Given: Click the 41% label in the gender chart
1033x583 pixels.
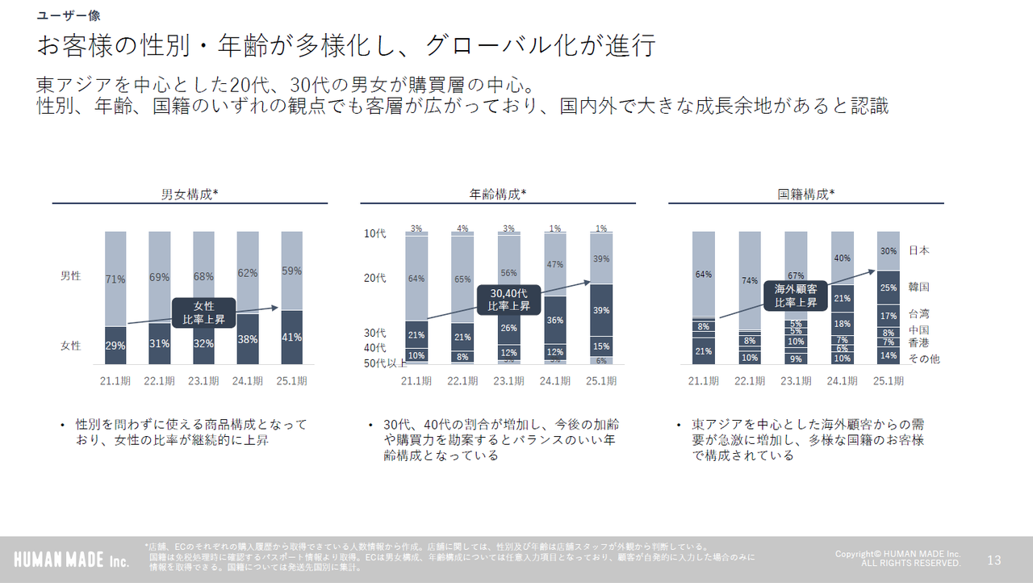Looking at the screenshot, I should coord(291,338).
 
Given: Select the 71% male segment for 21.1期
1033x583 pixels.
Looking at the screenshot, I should coord(115,279).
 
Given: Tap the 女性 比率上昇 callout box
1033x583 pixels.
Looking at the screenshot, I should coord(203,313).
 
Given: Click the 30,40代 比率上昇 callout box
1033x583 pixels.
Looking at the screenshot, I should coord(509,300).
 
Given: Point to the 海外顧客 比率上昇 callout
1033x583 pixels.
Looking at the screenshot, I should coord(796,296).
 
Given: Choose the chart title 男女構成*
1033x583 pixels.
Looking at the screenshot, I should coord(190,194).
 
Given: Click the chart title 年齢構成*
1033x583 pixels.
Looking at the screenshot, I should coord(498,194).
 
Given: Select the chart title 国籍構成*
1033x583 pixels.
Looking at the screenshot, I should coord(805,194).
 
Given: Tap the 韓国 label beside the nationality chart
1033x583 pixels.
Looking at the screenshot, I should coord(918,287).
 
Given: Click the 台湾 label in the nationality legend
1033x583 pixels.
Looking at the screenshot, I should coord(918,313).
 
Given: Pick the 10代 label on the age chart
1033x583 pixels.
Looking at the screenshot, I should coord(375,234).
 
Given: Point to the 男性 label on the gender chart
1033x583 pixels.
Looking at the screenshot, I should coord(71,276).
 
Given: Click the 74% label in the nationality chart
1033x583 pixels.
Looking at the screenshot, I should coord(750,281).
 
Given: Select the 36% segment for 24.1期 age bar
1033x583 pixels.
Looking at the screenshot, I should coord(555,320).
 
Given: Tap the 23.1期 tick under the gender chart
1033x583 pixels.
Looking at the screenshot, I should coord(203,380).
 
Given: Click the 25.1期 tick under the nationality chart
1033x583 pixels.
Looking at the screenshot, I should coord(888,380).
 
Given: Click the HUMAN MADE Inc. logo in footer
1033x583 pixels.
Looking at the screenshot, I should coord(71,560).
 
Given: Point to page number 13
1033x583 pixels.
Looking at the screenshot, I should coord(993,560).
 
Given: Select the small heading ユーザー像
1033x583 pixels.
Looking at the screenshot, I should coord(69,15).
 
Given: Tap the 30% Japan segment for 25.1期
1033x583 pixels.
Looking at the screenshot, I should coord(888,251).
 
